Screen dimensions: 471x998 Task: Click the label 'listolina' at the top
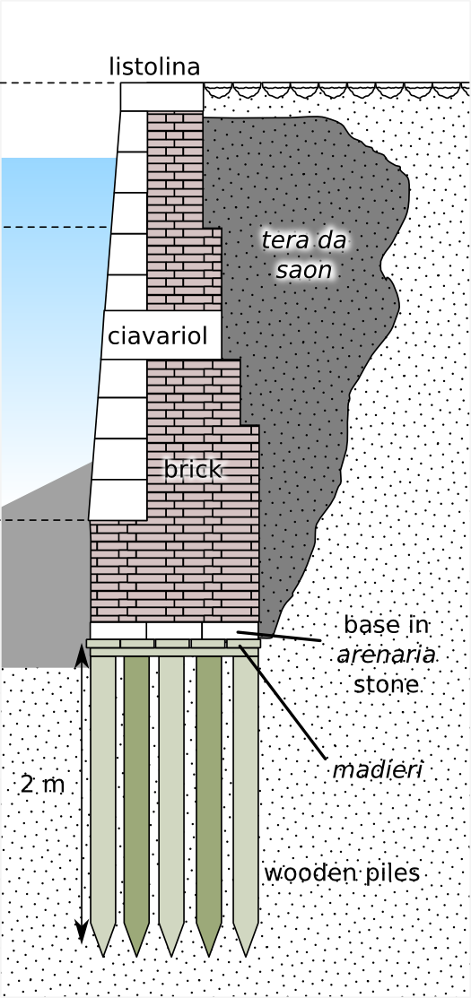[x=154, y=67]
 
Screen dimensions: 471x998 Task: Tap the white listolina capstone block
[x=161, y=97]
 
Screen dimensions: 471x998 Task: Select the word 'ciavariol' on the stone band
[x=158, y=335]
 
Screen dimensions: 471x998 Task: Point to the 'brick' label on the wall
[x=193, y=470]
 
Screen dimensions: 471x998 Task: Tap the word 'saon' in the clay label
[x=304, y=271]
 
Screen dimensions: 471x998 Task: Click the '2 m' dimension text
[x=43, y=785]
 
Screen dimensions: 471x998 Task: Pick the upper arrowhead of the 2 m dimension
[x=82, y=655]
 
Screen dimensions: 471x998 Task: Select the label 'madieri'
[x=378, y=770]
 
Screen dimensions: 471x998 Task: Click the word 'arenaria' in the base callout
[x=386, y=655]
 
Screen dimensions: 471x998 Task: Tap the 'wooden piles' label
[x=342, y=873]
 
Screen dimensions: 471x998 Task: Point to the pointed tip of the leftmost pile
[x=103, y=956]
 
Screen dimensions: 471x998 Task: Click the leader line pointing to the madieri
[x=283, y=703]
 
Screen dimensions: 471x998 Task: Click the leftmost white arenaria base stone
[x=118, y=630]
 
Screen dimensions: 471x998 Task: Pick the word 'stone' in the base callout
[x=387, y=685]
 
